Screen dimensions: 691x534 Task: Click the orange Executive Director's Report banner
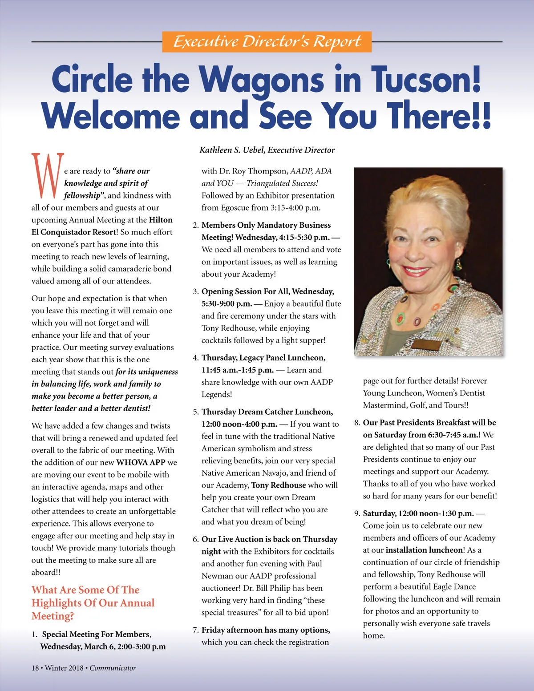[x=267, y=42]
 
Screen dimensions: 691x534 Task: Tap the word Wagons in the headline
[x=261, y=79]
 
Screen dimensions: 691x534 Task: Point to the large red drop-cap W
[x=48, y=176]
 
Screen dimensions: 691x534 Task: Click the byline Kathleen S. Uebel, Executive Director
[x=267, y=150]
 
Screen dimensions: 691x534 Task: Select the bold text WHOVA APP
[x=141, y=462]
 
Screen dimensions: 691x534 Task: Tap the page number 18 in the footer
[x=35, y=668]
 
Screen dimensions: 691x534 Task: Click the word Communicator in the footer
[x=113, y=668]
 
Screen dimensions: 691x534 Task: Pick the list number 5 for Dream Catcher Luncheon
[x=195, y=412]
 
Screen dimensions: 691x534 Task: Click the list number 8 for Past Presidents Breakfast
[x=357, y=423]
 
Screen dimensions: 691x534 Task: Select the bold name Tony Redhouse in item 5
[x=279, y=485]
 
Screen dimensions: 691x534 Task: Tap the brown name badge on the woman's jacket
[x=426, y=345]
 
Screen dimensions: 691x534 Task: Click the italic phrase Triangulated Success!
[x=282, y=183]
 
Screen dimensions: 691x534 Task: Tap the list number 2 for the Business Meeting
[x=195, y=225]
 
